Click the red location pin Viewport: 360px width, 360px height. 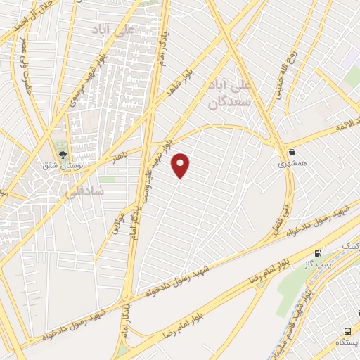181,165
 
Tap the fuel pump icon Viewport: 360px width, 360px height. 319,253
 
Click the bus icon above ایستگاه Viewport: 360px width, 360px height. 349,331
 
